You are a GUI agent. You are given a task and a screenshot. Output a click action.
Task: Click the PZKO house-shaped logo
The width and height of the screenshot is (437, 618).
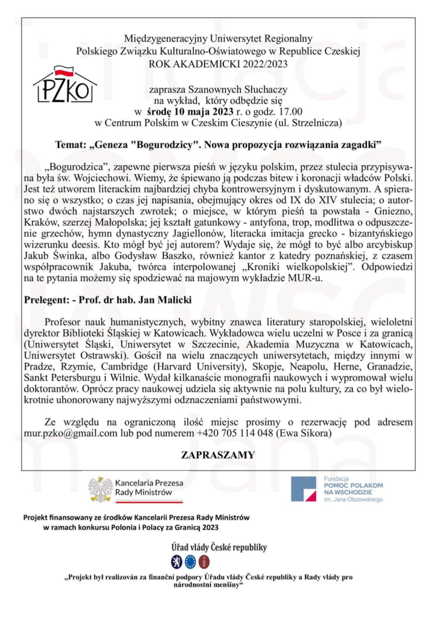[65, 85]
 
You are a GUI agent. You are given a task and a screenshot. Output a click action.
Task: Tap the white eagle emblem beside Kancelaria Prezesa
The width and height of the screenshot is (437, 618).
[100, 489]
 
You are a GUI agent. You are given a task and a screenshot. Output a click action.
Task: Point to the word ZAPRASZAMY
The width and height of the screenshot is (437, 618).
[218, 454]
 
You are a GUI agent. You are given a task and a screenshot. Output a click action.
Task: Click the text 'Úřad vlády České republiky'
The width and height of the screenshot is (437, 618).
[218, 548]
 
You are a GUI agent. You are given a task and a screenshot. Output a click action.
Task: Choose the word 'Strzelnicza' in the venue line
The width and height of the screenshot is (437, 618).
[316, 123]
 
